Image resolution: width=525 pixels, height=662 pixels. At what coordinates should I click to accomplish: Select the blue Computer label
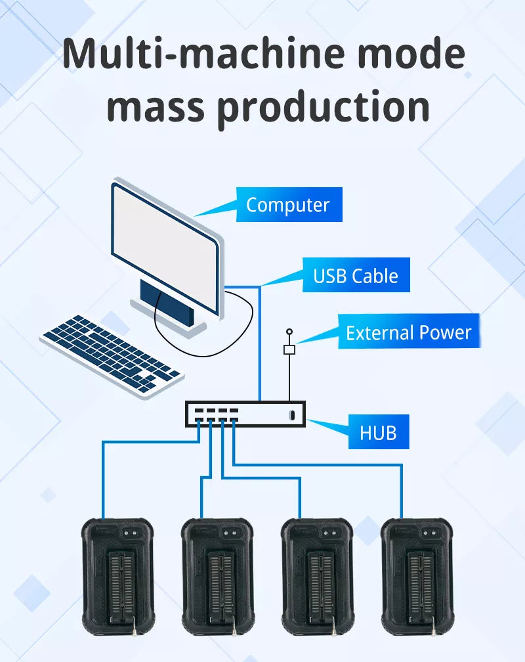(x=287, y=205)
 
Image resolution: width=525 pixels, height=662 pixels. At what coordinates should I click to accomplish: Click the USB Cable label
(x=356, y=275)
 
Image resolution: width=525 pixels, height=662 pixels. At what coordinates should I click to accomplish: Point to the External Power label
(x=408, y=332)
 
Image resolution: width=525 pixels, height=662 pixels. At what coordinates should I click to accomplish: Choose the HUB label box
(x=377, y=432)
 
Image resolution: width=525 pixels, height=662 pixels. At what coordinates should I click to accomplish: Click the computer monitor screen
(x=164, y=246)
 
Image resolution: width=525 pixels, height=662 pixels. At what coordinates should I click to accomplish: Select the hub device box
(x=245, y=414)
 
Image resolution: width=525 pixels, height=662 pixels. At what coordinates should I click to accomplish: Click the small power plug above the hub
(x=289, y=350)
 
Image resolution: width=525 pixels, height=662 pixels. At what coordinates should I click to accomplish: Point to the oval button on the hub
(x=291, y=415)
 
